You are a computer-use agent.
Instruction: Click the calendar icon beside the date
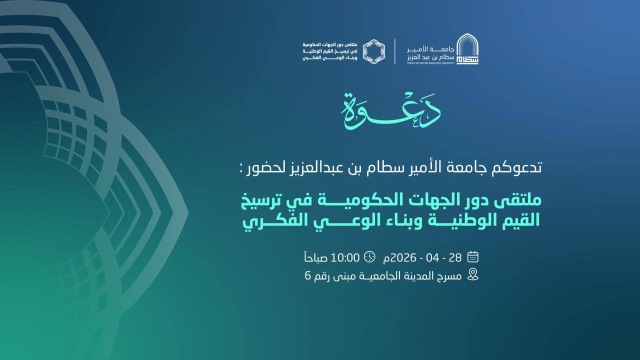472,257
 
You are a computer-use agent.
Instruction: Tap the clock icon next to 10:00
369,256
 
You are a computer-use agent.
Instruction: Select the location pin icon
473,274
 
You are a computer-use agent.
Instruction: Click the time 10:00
345,257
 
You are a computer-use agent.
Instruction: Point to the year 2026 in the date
403,257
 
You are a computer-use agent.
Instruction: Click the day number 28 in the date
455,257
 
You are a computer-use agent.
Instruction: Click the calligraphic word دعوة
390,111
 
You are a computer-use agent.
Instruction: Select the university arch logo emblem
467,49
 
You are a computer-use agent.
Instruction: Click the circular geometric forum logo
374,51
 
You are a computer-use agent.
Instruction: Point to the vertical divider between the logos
395,51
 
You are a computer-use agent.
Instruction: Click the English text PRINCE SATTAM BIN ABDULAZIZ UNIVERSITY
430,63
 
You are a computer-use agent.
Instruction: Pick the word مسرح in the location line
447,276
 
